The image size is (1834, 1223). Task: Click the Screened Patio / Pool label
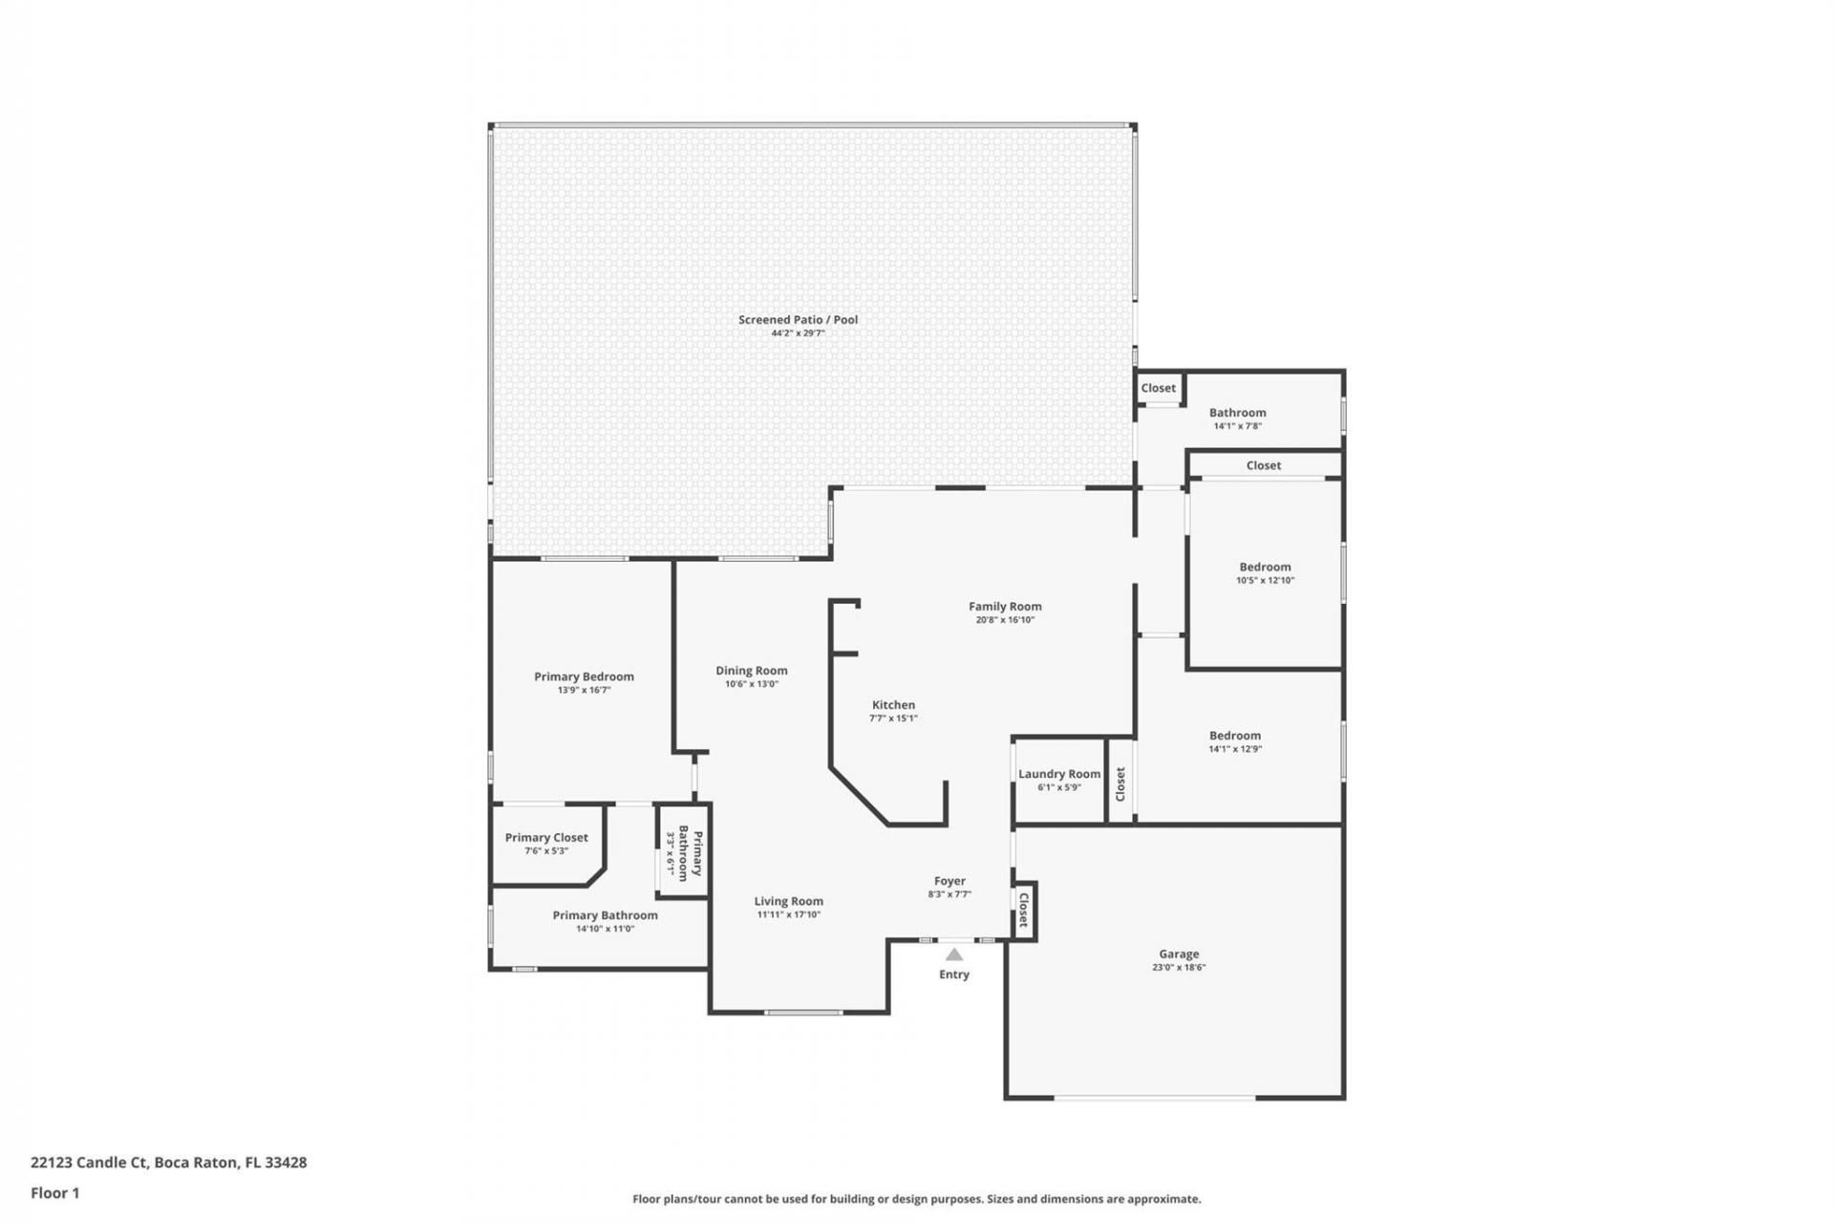click(798, 319)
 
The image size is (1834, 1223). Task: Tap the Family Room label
click(1005, 606)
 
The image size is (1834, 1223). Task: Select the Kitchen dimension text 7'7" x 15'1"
click(893, 719)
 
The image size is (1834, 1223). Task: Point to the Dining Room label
click(752, 671)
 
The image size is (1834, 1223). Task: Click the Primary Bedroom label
click(584, 676)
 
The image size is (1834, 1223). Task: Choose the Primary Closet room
click(546, 844)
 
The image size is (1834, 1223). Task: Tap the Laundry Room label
click(1059, 774)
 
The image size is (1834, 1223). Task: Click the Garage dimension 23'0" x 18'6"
click(1179, 967)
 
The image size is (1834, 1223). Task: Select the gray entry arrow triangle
click(954, 954)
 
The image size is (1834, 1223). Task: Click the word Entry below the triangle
click(954, 975)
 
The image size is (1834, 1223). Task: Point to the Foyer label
click(949, 881)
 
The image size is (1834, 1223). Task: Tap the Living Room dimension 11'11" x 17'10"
click(789, 914)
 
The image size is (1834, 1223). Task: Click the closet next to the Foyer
click(1023, 910)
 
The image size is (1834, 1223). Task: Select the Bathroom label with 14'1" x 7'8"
click(1238, 413)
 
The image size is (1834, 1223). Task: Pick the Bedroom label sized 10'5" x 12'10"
click(1266, 567)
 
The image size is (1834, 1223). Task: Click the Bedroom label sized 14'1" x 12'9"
click(1235, 736)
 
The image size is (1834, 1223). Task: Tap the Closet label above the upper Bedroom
click(1264, 465)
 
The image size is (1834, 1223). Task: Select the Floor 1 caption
click(55, 1192)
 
